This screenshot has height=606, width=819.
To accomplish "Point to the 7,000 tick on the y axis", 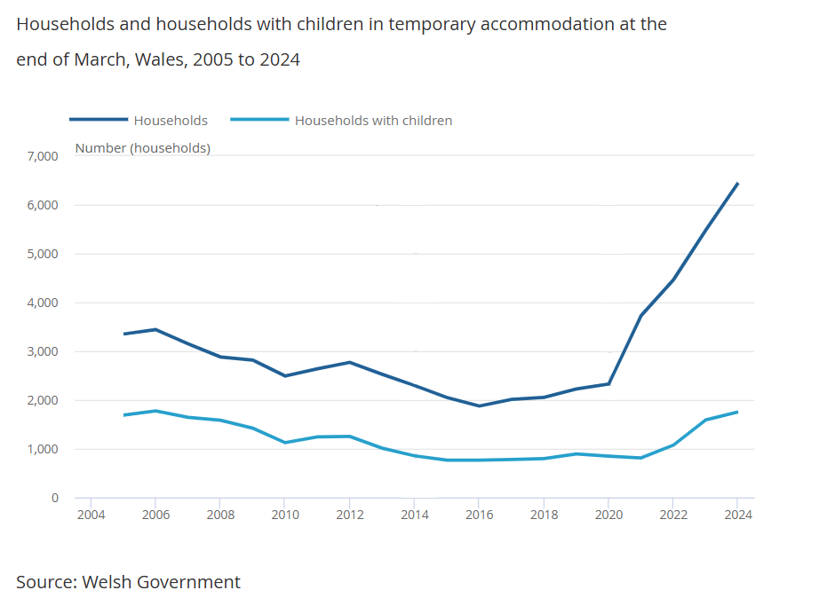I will click(42, 156).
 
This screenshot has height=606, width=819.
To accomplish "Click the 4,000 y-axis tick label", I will click(42, 303).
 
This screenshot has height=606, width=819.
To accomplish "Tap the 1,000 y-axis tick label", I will click(42, 449).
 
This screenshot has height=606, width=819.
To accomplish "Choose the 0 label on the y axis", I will click(53, 498).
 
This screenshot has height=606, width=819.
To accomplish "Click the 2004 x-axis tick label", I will click(91, 515).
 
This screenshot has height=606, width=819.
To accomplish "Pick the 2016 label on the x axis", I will click(479, 515).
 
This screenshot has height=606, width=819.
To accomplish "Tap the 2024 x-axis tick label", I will click(737, 515).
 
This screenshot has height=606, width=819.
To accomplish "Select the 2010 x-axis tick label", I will click(284, 515).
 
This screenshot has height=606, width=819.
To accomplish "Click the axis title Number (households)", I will click(143, 148).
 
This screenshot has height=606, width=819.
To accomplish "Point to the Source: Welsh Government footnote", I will click(128, 582).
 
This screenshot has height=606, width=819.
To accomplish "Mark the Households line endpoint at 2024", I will click(737, 184).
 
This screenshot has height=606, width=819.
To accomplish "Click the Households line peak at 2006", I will click(155, 329).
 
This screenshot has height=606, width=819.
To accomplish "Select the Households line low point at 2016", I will click(479, 405).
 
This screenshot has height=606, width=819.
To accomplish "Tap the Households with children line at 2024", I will click(737, 412).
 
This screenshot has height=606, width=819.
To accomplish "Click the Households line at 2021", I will click(640, 315).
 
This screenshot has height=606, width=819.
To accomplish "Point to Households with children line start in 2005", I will click(123, 415).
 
